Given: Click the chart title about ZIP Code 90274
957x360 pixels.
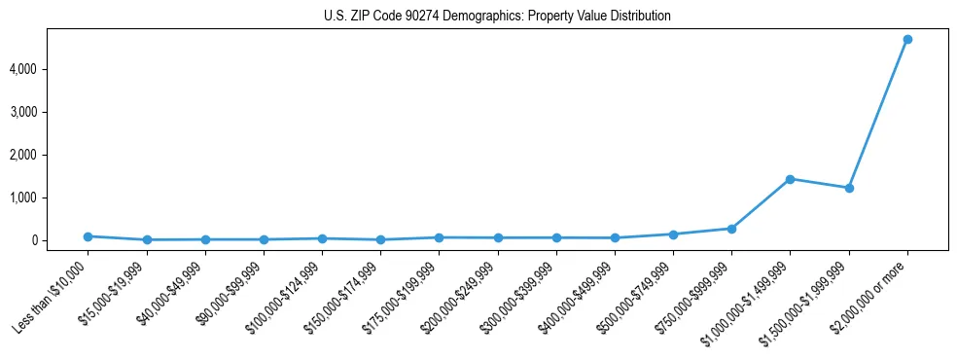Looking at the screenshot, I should tap(497, 17).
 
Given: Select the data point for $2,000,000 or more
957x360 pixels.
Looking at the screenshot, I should tap(907, 39).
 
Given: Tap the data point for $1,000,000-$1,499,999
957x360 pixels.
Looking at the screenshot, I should tap(790, 179).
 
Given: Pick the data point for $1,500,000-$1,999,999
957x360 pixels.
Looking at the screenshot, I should tap(849, 188).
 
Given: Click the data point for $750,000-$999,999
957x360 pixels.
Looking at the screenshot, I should tap(731, 229).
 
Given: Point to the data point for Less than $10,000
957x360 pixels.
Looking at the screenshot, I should tap(88, 236).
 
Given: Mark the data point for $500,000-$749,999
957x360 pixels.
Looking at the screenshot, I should tap(673, 234).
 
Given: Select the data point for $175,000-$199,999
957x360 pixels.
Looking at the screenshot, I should tap(439, 237).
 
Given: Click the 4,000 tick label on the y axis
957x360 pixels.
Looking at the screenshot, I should tap(51, 69).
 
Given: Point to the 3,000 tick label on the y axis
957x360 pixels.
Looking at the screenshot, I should tap(51, 112).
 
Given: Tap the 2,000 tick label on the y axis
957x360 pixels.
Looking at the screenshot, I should tap(51, 155).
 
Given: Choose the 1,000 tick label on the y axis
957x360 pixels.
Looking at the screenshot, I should tap(51, 198).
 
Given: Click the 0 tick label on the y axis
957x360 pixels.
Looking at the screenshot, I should tap(59, 240).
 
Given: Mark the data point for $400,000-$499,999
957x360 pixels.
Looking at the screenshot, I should tap(615, 237).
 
